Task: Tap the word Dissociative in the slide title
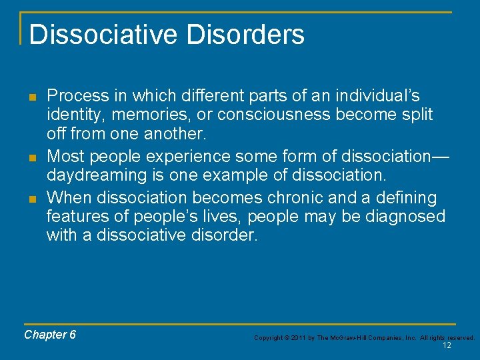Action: pos(103,34)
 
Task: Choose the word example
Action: pos(240,175)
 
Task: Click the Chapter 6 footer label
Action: pos(50,335)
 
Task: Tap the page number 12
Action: pos(447,345)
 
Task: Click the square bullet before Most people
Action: pos(32,157)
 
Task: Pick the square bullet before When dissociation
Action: pos(32,199)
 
